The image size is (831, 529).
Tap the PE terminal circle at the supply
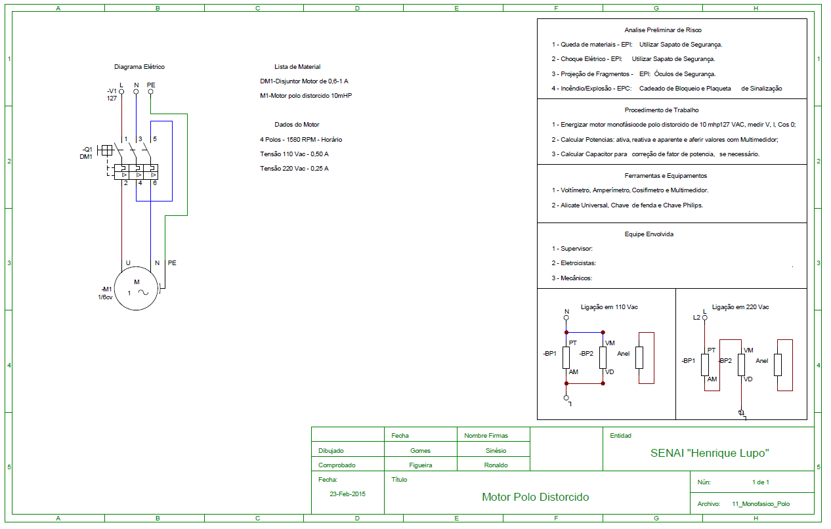tap(150, 92)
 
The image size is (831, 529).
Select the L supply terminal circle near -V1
tap(121, 92)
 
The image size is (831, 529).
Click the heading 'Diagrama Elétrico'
tap(140, 67)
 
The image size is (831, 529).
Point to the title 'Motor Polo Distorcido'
tap(536, 497)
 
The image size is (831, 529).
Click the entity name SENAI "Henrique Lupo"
tap(710, 453)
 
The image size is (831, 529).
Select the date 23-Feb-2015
tap(348, 494)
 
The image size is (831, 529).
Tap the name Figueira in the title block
tap(421, 465)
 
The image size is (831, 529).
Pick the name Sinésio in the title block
tap(496, 451)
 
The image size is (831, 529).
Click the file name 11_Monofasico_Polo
tap(761, 504)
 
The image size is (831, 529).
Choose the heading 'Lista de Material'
tap(297, 67)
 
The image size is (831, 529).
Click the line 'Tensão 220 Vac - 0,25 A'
tap(294, 169)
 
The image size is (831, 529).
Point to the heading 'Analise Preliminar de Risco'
tap(663, 30)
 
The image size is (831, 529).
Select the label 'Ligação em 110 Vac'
tap(609, 307)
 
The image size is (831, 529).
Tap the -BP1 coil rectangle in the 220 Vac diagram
tap(705, 365)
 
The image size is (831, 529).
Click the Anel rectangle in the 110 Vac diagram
tap(639, 358)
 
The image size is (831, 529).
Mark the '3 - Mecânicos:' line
tap(572, 278)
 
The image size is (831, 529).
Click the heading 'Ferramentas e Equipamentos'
tap(666, 176)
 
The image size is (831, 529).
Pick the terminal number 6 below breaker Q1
tap(155, 183)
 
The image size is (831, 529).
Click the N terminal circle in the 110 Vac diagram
tap(566, 318)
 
